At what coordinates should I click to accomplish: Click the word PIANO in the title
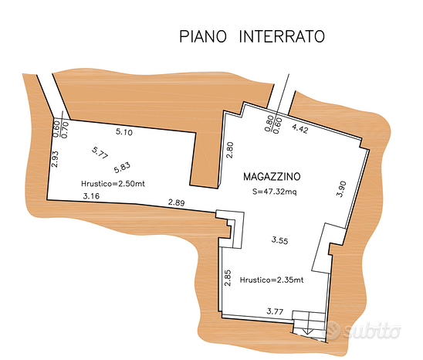(x=203, y=36)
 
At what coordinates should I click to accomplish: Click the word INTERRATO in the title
(x=282, y=36)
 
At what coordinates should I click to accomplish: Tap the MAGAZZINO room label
(x=272, y=177)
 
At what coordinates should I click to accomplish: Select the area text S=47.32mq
(x=274, y=192)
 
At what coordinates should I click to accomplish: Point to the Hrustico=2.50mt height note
(x=113, y=184)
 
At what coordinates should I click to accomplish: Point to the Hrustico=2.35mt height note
(x=272, y=280)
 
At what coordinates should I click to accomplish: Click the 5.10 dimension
(x=124, y=132)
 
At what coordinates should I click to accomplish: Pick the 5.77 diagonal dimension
(x=100, y=153)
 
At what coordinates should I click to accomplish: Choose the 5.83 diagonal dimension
(x=122, y=168)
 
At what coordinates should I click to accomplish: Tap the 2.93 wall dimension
(x=55, y=159)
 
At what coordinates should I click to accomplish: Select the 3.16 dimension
(x=91, y=195)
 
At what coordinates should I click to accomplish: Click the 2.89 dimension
(x=177, y=202)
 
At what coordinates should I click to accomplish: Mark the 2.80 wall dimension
(x=229, y=150)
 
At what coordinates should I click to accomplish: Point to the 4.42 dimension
(x=299, y=128)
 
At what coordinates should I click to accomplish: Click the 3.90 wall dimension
(x=341, y=189)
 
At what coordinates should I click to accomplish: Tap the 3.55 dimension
(x=279, y=240)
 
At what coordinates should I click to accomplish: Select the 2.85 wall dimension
(x=228, y=277)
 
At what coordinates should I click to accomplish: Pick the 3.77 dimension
(x=275, y=311)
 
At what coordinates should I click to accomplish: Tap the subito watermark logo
(x=364, y=330)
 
